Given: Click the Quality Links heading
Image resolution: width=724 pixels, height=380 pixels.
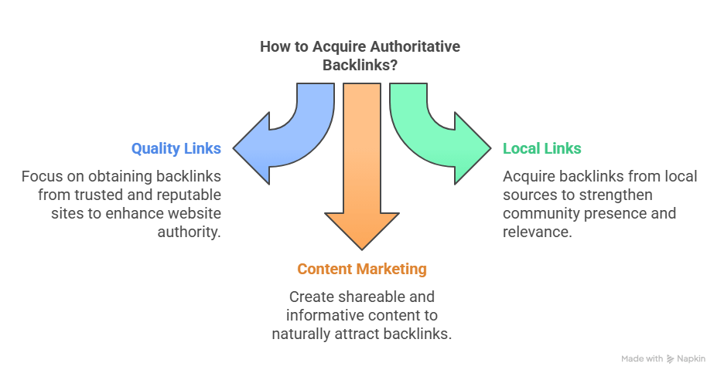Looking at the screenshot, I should click(x=176, y=148).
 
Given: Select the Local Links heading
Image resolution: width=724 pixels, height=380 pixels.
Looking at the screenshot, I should click(x=542, y=148).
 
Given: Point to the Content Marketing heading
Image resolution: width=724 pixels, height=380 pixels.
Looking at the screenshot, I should click(x=361, y=270).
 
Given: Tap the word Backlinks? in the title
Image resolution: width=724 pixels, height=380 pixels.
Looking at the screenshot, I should click(x=360, y=66).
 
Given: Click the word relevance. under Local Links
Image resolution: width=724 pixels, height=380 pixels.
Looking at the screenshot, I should click(x=538, y=232).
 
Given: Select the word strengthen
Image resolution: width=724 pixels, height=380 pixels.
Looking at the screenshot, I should click(x=615, y=195).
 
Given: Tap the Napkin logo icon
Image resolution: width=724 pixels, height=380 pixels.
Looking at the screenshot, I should click(x=670, y=359).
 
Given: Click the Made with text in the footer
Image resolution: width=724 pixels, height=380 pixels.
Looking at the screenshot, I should click(x=642, y=359).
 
